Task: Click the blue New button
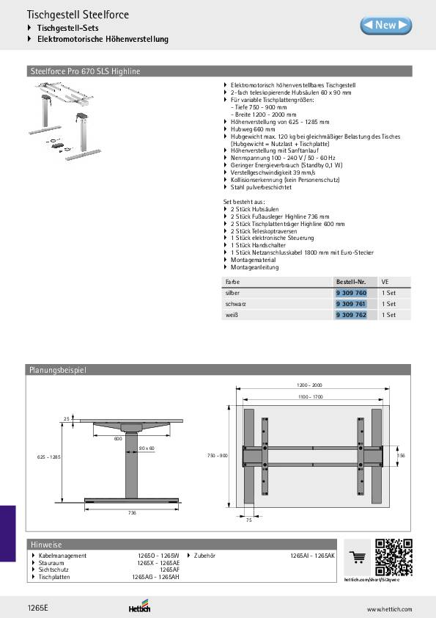(x=385, y=25)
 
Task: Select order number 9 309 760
(x=350, y=292)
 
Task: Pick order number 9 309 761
(x=350, y=303)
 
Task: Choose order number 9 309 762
(x=350, y=315)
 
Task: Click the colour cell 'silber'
(x=232, y=292)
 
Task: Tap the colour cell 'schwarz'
(x=235, y=303)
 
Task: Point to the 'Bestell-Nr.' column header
(x=350, y=281)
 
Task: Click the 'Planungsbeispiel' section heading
(x=57, y=371)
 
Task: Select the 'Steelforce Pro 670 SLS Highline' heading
(x=84, y=71)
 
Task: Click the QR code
(x=392, y=557)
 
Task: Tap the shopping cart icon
(x=357, y=559)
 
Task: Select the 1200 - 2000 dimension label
(x=309, y=385)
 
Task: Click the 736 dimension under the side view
(x=132, y=512)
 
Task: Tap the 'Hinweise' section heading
(x=45, y=544)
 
